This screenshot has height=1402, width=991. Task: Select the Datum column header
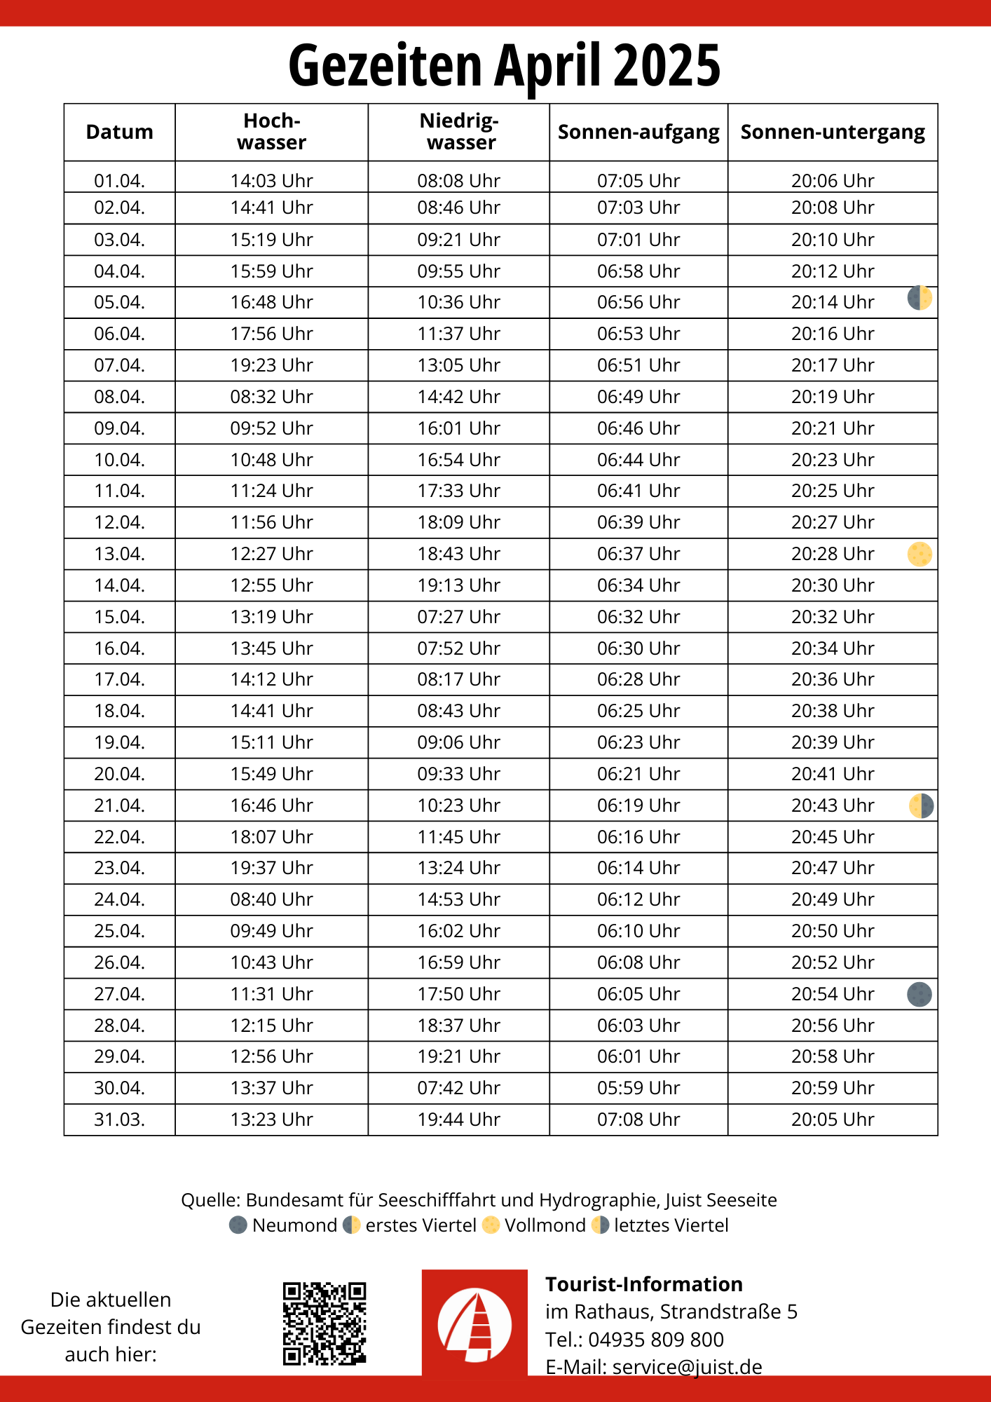coord(119,132)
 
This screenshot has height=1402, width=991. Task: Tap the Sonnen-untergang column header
coord(833,132)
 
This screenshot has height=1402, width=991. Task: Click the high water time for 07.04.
coord(271,365)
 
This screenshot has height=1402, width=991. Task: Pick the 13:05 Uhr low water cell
coord(458,365)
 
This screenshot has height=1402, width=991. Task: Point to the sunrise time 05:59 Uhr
coord(638,1088)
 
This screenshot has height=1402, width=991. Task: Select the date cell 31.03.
coord(119,1119)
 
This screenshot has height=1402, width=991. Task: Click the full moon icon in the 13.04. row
coord(920,554)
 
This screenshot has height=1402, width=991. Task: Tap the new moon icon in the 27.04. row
coord(920,994)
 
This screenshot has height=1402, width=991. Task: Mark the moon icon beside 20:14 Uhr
coord(920,299)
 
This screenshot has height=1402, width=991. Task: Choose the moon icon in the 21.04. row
coord(921,805)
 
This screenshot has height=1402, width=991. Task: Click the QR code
coord(324,1323)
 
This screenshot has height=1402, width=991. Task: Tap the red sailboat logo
coord(474,1323)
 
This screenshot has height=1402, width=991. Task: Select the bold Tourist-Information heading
coord(643,1284)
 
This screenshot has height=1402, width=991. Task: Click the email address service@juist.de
coord(687,1367)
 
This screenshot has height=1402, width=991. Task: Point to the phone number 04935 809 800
coord(655,1340)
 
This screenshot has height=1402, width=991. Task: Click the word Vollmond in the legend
coord(545,1225)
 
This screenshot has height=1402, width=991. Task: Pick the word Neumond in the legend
coord(294,1225)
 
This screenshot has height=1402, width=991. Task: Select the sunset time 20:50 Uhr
coord(833,931)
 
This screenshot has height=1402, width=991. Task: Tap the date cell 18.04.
coord(119,711)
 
